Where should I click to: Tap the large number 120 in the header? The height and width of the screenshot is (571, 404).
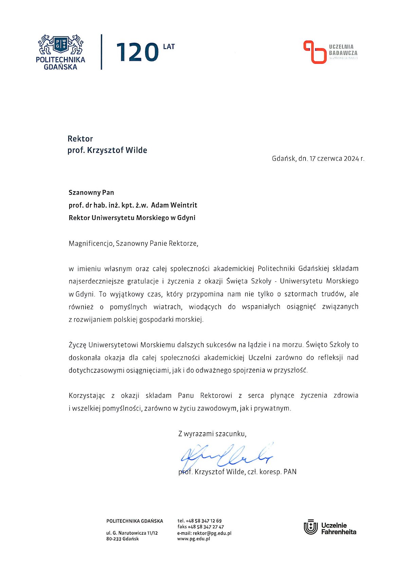pyautogui.click(x=137, y=53)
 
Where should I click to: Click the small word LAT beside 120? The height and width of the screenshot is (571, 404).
pyautogui.click(x=169, y=47)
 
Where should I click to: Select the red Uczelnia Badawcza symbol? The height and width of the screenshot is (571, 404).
pyautogui.click(x=314, y=52)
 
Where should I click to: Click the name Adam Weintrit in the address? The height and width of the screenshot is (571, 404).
pyautogui.click(x=174, y=205)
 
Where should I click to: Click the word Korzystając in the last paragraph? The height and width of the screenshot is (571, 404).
pyautogui.click(x=87, y=395)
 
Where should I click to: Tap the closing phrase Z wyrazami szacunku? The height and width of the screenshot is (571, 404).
pyautogui.click(x=212, y=434)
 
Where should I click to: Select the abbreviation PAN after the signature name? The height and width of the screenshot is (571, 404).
pyautogui.click(x=290, y=472)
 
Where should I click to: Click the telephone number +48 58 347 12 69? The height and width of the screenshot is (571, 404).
pyautogui.click(x=203, y=521)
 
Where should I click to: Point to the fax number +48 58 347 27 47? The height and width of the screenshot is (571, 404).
pyautogui.click(x=206, y=527)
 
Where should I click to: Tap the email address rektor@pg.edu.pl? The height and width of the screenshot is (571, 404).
pyautogui.click(x=212, y=533)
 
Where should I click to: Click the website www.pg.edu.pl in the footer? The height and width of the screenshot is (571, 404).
pyautogui.click(x=194, y=539)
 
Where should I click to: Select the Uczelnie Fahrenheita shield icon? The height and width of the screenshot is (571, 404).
pyautogui.click(x=310, y=527)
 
